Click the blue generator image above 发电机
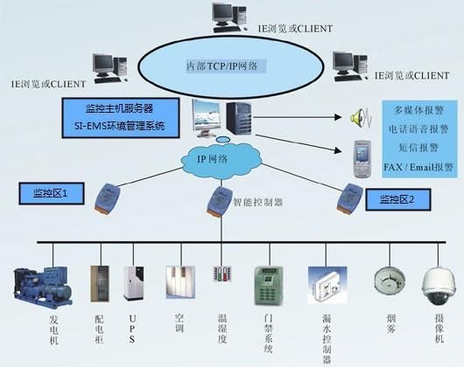[x=43, y=287]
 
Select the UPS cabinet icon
[x=133, y=283]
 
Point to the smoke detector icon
[x=390, y=280]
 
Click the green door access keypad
[x=269, y=286]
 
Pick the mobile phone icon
[x=362, y=159]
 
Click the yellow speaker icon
[x=361, y=117]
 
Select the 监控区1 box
[x=52, y=193]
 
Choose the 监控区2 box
[x=398, y=199]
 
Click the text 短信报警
[x=418, y=148]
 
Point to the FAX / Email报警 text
[x=418, y=167]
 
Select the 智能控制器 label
[x=257, y=202]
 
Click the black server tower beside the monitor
[x=239, y=117]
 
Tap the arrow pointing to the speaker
[x=298, y=117]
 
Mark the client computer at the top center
[x=229, y=17]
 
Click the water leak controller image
[x=327, y=285]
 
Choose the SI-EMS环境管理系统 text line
[x=120, y=127]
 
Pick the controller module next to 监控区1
[x=108, y=198]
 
